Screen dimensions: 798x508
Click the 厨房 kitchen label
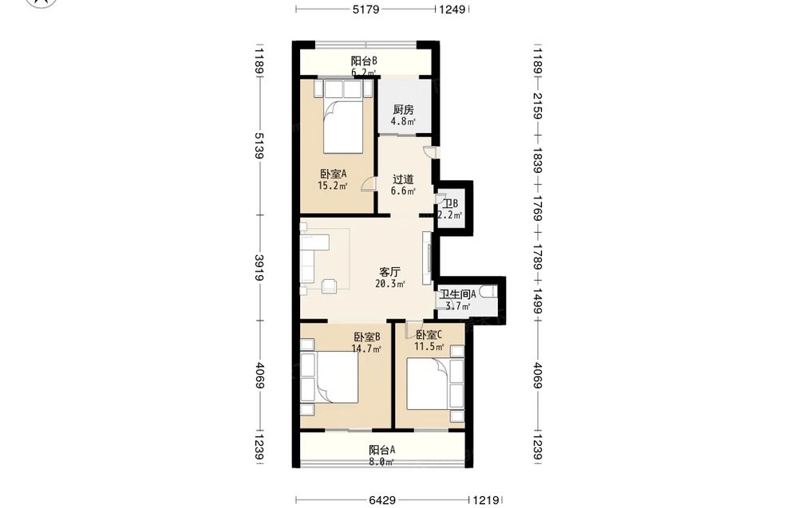click(403, 109)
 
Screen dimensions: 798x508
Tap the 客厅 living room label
click(390, 272)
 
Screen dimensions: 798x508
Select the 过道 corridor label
click(403, 179)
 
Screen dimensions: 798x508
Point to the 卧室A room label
click(334, 174)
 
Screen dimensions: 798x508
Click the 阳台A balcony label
click(381, 450)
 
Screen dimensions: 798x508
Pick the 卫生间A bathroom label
click(458, 294)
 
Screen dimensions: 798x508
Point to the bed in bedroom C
click(435, 384)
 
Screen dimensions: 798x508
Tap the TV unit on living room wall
click(428, 258)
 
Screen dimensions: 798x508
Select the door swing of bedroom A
click(368, 183)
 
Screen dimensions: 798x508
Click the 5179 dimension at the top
click(366, 9)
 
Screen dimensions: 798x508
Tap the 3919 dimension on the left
click(259, 267)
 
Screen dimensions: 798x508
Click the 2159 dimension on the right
click(537, 106)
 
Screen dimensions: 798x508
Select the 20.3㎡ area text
click(390, 284)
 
